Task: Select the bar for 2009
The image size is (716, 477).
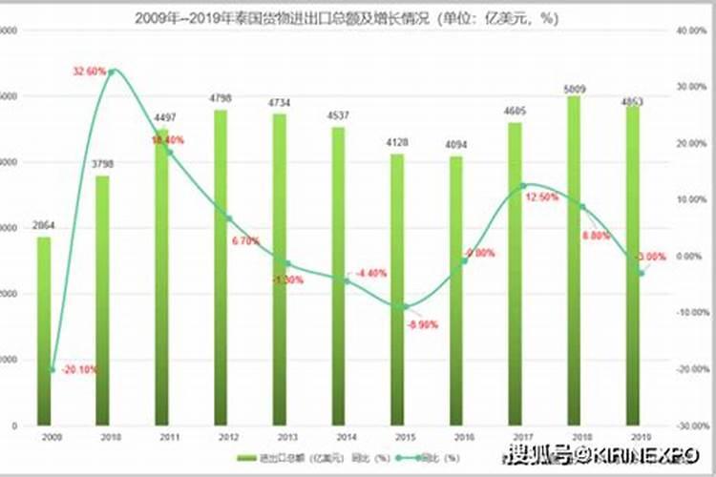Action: (44, 330)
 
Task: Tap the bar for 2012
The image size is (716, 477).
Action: (221, 267)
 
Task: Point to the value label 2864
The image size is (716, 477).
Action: (44, 225)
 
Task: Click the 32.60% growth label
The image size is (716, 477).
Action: (87, 72)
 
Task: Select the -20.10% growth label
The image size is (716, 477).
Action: (78, 370)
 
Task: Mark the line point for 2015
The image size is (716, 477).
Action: (405, 306)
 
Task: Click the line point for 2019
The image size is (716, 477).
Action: (641, 272)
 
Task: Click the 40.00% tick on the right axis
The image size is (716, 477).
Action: (690, 31)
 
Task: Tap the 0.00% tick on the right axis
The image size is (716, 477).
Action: (689, 257)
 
